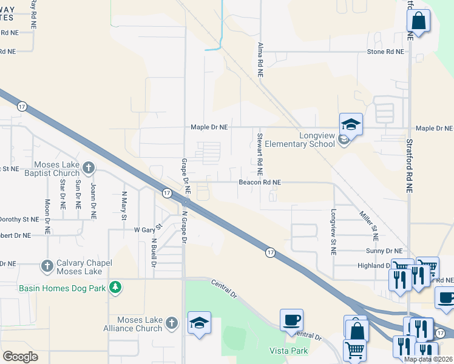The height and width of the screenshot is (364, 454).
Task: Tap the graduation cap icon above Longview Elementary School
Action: (351, 124)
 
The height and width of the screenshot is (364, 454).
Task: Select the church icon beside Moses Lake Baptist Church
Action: (89, 167)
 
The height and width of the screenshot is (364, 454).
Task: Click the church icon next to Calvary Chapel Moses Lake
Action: (47, 266)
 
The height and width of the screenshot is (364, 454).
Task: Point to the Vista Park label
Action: (289, 351)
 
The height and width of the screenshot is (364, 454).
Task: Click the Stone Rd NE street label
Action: (385, 52)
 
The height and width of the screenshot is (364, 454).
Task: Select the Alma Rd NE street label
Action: (260, 59)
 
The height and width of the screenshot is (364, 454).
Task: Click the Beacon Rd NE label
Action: (259, 182)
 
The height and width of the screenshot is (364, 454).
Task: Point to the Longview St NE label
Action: (333, 232)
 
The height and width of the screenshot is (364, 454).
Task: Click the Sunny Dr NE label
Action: (384, 251)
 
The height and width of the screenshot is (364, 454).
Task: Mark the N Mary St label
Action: (124, 205)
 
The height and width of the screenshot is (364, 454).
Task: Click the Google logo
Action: (20, 357)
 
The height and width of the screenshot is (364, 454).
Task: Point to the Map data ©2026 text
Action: (428, 359)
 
